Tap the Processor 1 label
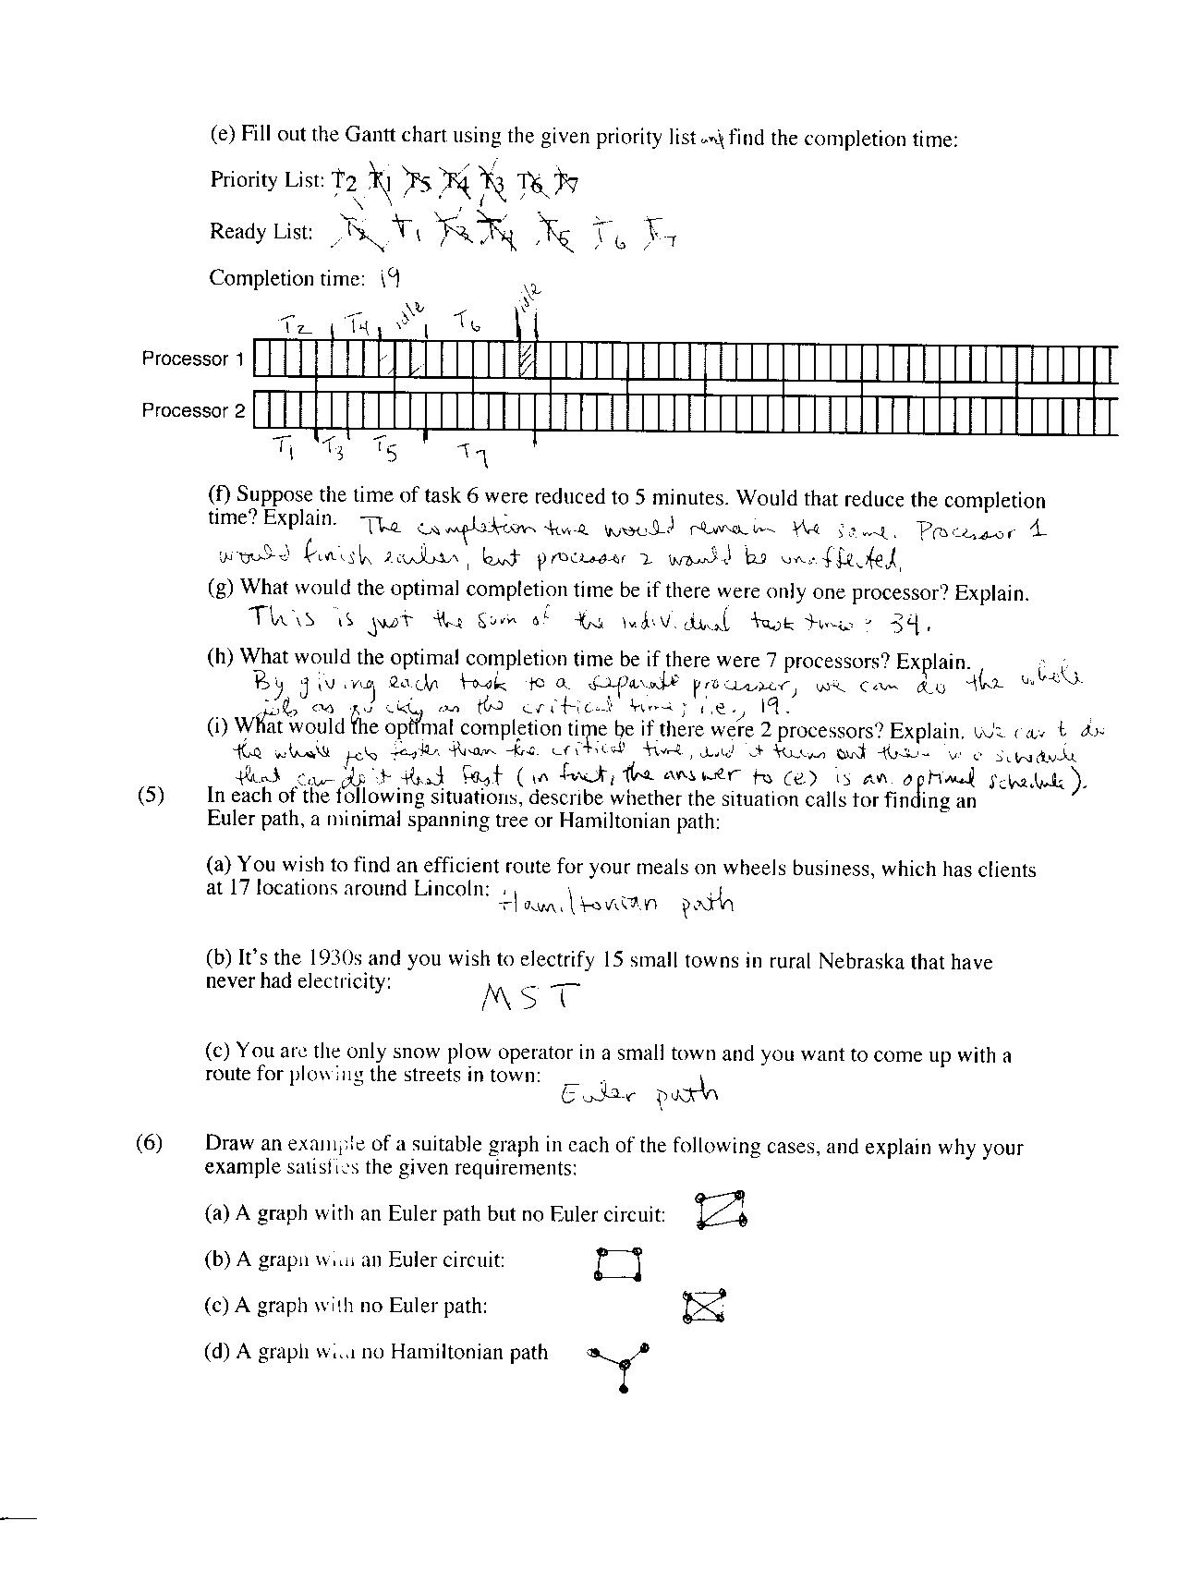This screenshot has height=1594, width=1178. point(192,359)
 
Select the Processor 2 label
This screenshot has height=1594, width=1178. point(192,410)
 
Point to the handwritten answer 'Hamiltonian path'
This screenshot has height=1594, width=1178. point(616,903)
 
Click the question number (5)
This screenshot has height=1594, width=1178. point(150,796)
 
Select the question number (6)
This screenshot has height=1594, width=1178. point(150,1143)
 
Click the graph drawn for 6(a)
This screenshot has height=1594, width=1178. point(721,1210)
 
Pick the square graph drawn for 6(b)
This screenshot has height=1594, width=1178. point(618,1263)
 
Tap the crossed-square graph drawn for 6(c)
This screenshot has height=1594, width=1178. point(704,1308)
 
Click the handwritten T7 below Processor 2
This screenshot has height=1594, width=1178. point(474,453)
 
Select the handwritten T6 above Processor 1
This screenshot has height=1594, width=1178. point(467,322)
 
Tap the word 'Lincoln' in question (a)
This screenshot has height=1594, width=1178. point(454,889)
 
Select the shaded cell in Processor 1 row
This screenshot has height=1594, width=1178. point(528,359)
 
